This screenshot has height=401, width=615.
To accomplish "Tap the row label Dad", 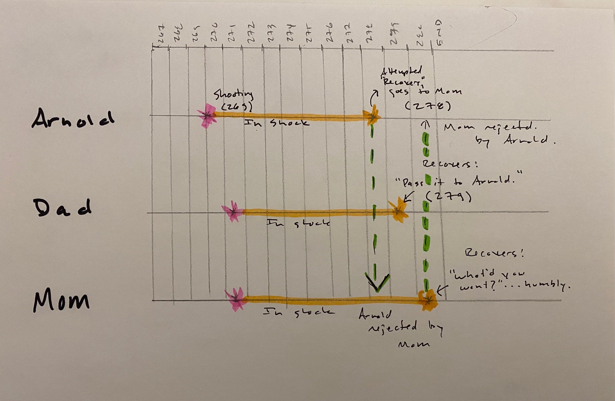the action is tap(62, 208).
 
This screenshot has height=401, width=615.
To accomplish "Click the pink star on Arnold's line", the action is tap(207, 116).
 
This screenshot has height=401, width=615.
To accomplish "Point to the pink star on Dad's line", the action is tap(233, 211).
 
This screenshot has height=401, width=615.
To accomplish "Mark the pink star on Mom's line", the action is tap(236, 299).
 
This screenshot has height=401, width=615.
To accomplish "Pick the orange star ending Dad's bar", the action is tap(398, 210).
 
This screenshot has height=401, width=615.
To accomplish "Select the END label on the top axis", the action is tap(438, 33).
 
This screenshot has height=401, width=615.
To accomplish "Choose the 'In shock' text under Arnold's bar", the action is tap(276, 123).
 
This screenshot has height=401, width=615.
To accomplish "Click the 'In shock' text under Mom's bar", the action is tap(299, 312).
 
